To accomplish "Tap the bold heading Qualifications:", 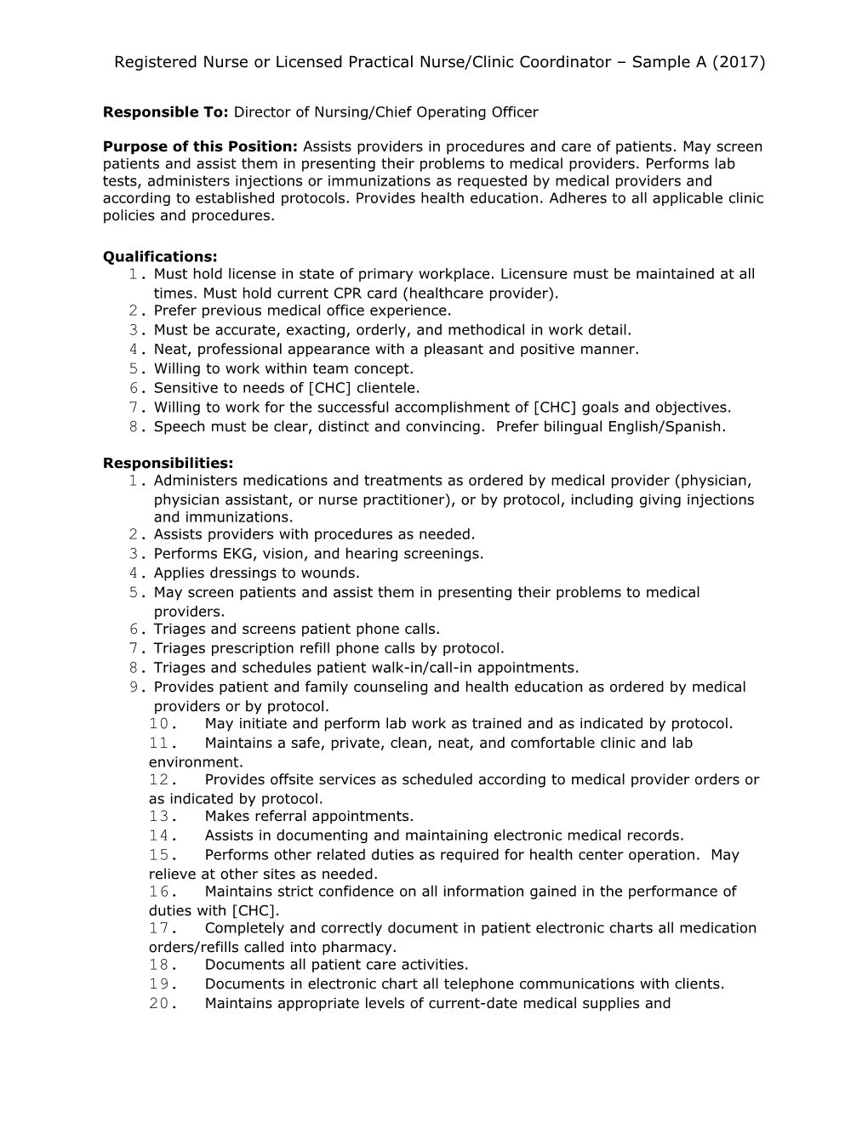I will pos(160,256).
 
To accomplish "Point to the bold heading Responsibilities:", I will pos(168,463).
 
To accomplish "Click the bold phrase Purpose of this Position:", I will pos(200,146).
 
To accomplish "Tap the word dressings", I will pos(236,573).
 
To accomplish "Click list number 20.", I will pos(162,1004).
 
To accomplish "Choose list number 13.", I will pos(162,817).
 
